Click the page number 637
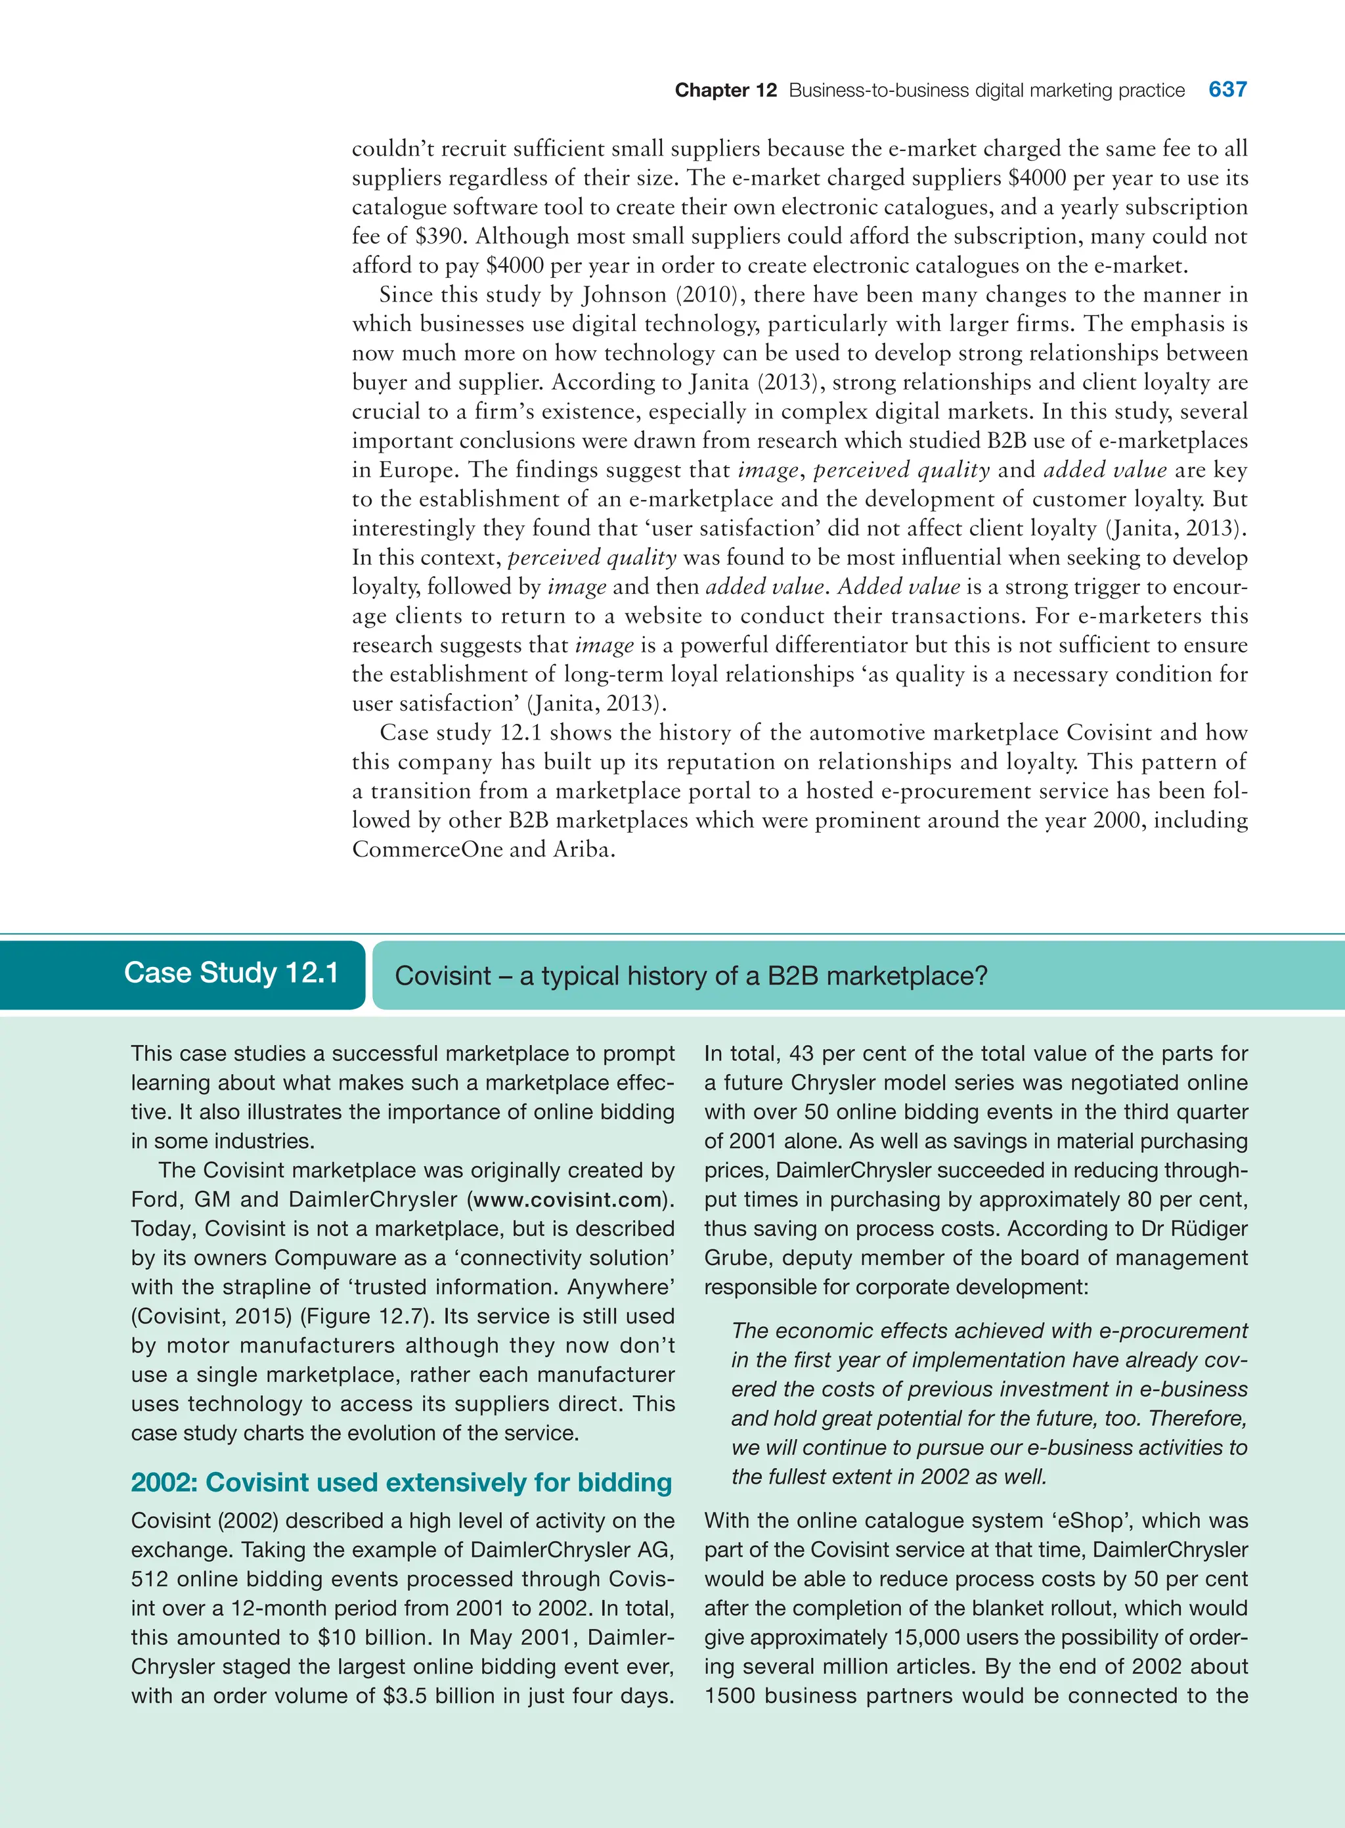pos(1227,89)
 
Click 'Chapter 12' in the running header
pos(726,91)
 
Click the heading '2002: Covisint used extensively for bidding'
pos(401,1482)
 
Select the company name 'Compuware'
pos(334,1257)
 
